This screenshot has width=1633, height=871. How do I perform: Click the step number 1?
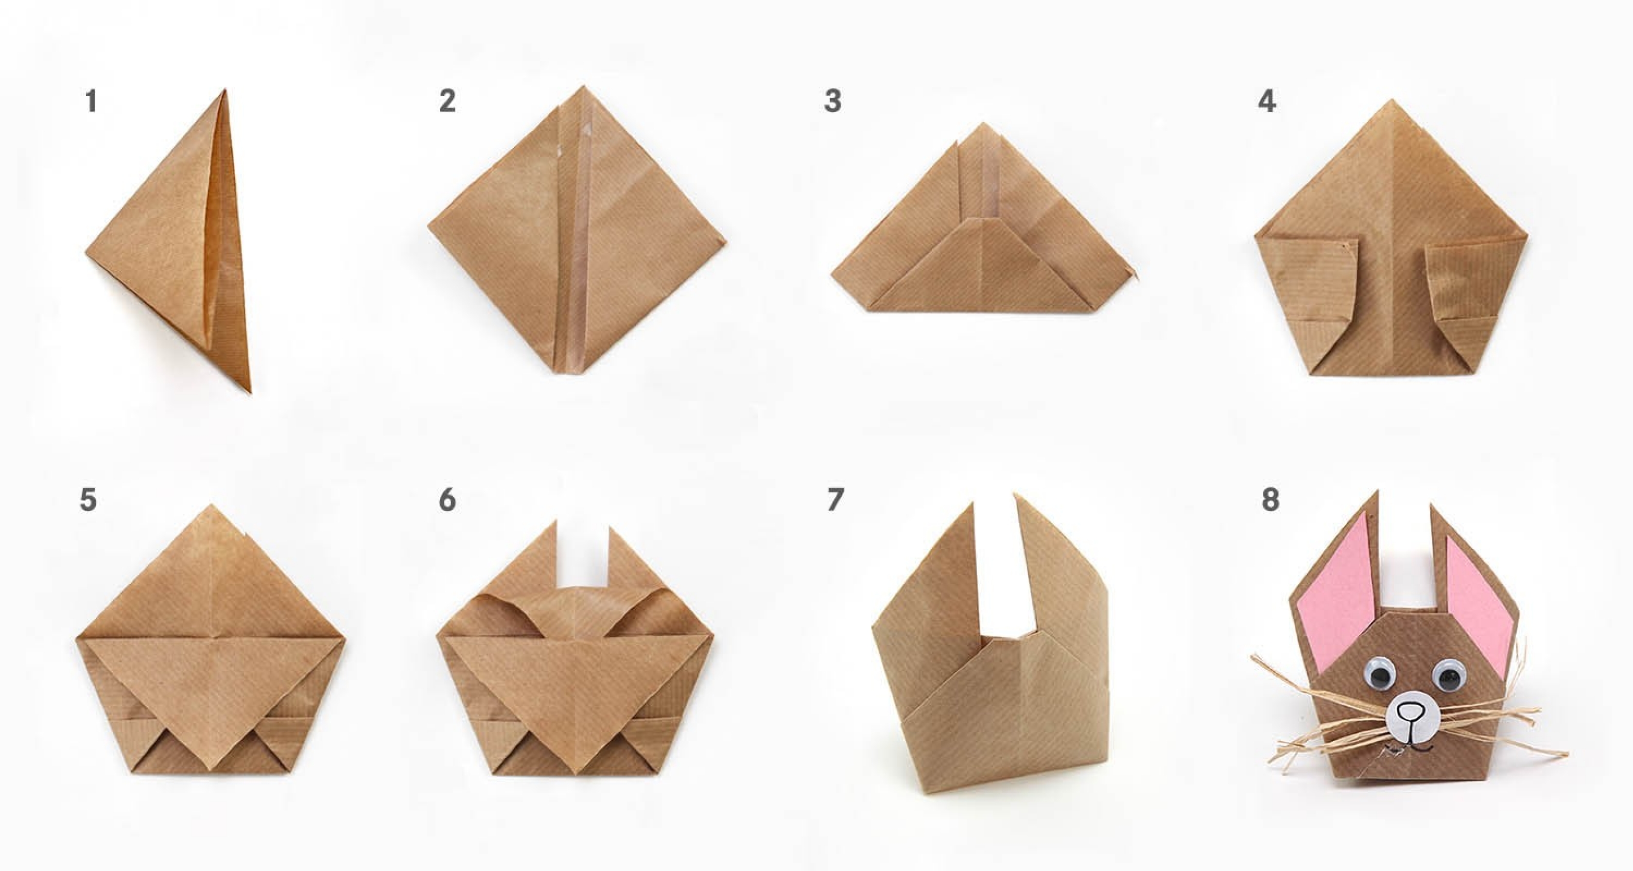click(x=92, y=102)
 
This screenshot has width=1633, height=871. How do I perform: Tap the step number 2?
click(x=448, y=102)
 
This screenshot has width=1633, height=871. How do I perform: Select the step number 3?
click(x=833, y=102)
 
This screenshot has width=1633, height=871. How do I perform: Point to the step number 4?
click(x=1267, y=102)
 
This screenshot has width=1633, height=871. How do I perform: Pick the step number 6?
click(x=448, y=500)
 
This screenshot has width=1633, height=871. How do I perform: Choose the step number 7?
click(x=835, y=500)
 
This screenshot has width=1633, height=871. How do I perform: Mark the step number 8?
click(x=1270, y=500)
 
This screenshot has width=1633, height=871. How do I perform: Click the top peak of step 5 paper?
click(x=212, y=506)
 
